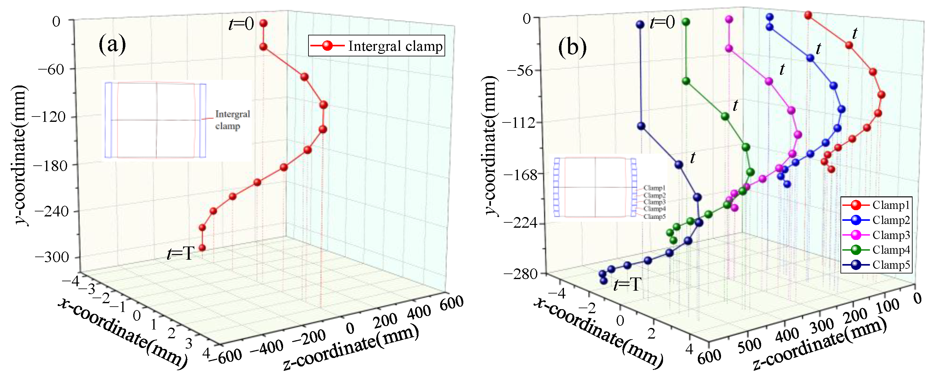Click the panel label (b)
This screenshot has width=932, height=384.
coord(572,47)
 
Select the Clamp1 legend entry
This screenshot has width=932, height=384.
coord(891,205)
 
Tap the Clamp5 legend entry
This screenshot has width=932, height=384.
coord(891,265)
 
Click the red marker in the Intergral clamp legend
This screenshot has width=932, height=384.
coord(327,46)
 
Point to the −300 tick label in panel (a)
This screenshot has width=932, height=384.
coord(52,257)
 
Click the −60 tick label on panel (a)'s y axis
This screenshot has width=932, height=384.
coord(51,69)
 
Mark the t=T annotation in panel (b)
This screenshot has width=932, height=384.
coord(627,285)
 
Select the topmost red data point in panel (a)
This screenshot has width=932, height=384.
coord(263,23)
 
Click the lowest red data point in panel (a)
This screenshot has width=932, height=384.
coord(202,248)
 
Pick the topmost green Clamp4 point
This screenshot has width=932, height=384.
coord(686,22)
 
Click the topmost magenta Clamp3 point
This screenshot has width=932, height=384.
coord(729,19)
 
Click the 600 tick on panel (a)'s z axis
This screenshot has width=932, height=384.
coord(451,302)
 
